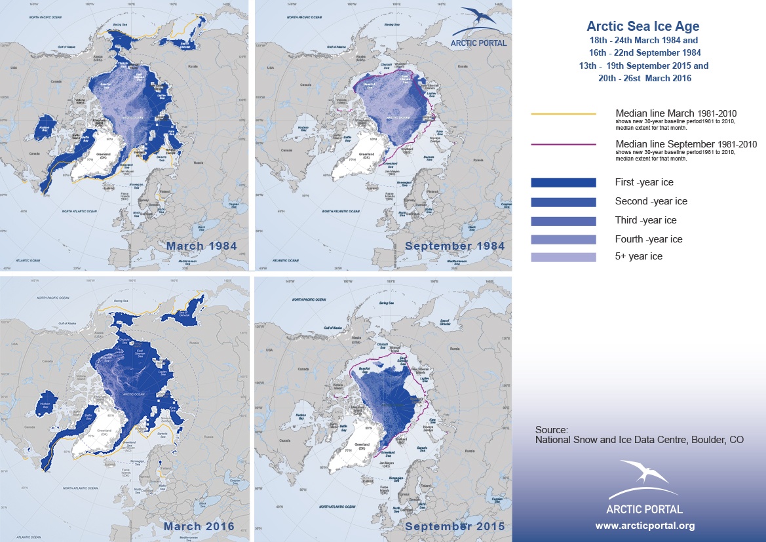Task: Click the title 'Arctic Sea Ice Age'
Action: tap(642, 27)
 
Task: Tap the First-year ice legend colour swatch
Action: tap(563, 182)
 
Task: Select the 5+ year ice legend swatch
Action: tap(563, 257)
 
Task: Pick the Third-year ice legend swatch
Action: tap(563, 220)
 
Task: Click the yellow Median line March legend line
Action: tap(563, 113)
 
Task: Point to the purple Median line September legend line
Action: tap(563, 144)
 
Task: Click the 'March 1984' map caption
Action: tap(202, 246)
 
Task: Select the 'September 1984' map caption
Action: tap(455, 246)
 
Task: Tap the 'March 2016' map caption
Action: tap(199, 526)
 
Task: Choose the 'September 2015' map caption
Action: tap(455, 526)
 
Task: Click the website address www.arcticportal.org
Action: tap(645, 526)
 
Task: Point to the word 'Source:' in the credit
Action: tap(550, 429)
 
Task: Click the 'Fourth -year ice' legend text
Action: tap(649, 239)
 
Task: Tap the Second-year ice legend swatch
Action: tap(563, 201)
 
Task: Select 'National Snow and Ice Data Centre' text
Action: tap(609, 440)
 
